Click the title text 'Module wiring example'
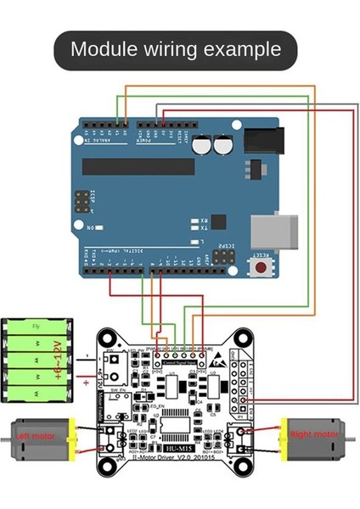pyautogui.click(x=176, y=48)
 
